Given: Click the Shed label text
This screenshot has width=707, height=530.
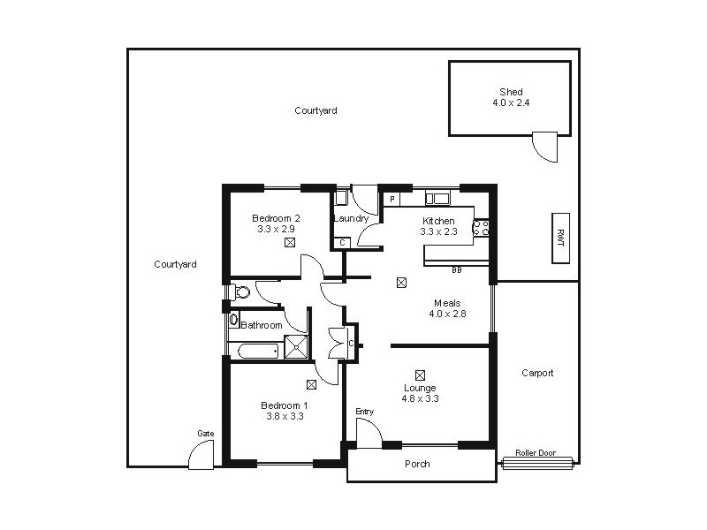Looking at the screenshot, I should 510,92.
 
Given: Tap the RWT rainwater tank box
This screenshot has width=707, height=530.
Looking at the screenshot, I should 559,238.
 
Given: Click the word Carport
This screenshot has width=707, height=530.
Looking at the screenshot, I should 537,373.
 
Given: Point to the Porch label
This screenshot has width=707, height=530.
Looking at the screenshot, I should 417,464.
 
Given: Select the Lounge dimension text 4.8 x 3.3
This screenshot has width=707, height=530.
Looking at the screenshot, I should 421,398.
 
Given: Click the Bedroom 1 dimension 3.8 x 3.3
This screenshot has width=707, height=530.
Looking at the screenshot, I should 285,416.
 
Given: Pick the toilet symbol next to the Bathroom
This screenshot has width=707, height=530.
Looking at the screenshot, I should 239,291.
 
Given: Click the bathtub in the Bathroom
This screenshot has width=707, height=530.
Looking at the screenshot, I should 255,351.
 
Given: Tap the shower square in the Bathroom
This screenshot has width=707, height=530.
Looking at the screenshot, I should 297,349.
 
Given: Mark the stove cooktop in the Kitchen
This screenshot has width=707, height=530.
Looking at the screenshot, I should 482,229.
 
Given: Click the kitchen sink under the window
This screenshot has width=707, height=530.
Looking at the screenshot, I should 438,199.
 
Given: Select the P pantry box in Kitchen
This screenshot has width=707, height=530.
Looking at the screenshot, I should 391,200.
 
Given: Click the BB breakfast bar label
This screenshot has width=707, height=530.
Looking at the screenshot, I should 457,269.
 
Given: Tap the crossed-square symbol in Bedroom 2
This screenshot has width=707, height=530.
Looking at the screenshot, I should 289,241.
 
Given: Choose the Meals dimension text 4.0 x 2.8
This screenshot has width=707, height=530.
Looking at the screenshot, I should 446,314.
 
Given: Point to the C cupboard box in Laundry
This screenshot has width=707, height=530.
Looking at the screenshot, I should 342,242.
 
